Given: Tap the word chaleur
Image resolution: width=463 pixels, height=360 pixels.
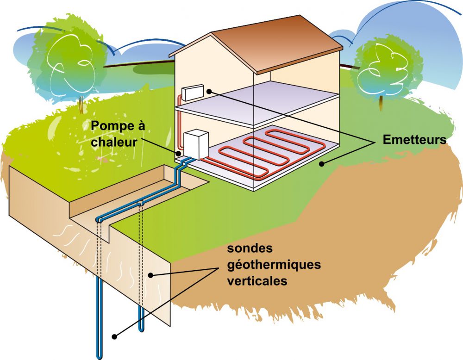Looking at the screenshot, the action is tap(114, 142).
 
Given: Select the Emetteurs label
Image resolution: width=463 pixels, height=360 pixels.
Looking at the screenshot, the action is tap(414, 140).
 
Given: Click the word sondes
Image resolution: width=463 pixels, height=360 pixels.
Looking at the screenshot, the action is tap(250, 248).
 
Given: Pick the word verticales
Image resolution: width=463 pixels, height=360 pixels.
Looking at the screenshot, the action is tap(257, 280).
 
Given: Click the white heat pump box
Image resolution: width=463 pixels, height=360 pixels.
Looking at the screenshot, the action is tap(196, 144).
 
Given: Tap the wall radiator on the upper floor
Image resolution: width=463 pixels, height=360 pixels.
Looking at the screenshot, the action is tap(193, 92).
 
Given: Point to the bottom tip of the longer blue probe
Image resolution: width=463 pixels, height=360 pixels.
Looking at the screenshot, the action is tap(99, 358).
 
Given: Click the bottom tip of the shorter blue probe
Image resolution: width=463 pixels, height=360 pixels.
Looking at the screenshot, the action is tap(141, 330).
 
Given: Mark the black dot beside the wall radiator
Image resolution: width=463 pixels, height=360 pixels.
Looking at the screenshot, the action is tap(209, 92).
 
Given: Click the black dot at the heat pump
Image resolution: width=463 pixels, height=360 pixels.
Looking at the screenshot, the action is tap(178, 154).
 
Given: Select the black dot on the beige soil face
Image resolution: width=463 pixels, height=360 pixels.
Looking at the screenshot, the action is tap(150, 275).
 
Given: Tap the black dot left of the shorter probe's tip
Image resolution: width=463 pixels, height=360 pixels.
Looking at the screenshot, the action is tap(114, 336).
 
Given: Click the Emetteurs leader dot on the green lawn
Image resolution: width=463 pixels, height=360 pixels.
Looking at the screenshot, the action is tap(322, 164).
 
